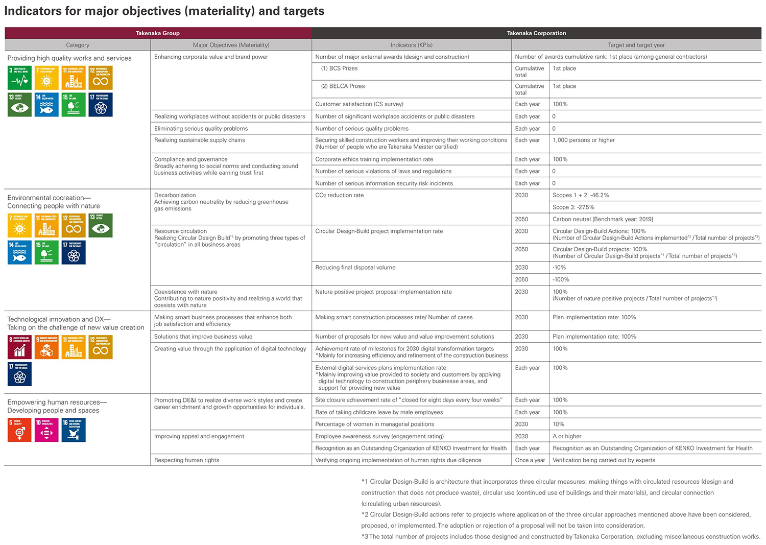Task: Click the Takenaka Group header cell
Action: click(x=157, y=33)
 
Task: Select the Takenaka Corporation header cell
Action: click(x=536, y=33)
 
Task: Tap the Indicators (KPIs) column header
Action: click(x=411, y=45)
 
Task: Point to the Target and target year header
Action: click(x=636, y=45)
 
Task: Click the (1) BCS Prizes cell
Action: click(x=339, y=68)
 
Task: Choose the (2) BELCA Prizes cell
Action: click(x=343, y=86)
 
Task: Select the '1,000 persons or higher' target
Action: click(x=584, y=140)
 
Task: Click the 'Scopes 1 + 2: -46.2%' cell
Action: click(x=581, y=195)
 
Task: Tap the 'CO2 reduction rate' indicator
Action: click(x=340, y=195)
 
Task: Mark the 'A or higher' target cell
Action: click(x=567, y=436)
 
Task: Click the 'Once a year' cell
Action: click(x=530, y=460)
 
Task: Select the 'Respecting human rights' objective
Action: click(x=186, y=460)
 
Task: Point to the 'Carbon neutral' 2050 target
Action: click(x=603, y=219)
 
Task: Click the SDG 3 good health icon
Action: click(x=19, y=78)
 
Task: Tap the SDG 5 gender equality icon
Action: click(x=19, y=430)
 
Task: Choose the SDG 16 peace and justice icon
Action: click(x=74, y=430)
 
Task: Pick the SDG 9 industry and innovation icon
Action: click(x=46, y=347)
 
